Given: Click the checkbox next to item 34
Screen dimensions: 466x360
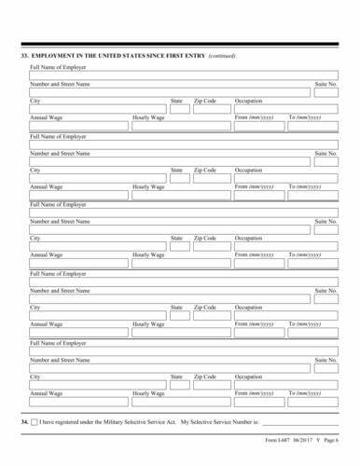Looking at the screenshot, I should (35, 422).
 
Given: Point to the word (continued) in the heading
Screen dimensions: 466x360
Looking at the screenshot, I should (222, 56).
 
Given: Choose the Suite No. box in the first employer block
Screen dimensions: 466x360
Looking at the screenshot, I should (325, 92).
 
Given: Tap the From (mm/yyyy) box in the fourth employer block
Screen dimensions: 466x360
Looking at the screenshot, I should (256, 331).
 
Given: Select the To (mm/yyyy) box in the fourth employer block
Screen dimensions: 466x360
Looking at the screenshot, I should (312, 331).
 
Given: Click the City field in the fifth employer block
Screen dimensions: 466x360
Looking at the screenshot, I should (96, 383).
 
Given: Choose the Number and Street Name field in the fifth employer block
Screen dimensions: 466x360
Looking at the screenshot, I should (169, 366).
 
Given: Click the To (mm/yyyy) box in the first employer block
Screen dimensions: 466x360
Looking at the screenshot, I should (312, 126).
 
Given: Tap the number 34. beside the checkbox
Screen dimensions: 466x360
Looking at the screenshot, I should (25, 422).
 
